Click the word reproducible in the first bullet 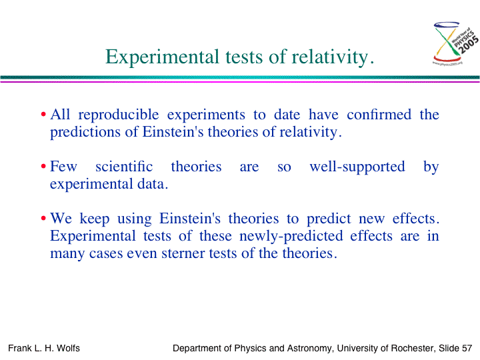[x=119, y=115]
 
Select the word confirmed [x=379, y=115]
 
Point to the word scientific [x=124, y=167]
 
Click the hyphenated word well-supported [x=357, y=167]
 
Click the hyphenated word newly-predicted [x=291, y=236]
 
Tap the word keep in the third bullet [x=94, y=219]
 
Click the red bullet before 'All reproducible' [x=43, y=115]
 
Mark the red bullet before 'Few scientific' [x=43, y=167]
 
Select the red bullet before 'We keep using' [x=43, y=219]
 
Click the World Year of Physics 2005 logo [x=455, y=43]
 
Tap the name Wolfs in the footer [x=68, y=348]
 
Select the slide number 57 [x=467, y=348]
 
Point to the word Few [x=63, y=167]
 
